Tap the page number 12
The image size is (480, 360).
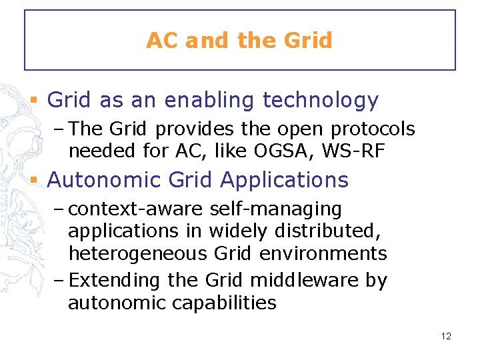[x=446, y=336]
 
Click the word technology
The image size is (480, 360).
[x=321, y=101]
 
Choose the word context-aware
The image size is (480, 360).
[x=137, y=209]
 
